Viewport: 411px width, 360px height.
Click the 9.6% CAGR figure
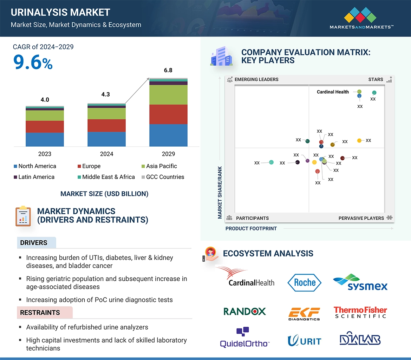click(33, 62)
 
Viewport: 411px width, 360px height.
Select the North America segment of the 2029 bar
click(168, 135)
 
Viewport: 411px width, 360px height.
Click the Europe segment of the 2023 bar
click(45, 127)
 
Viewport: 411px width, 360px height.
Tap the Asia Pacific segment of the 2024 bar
click(106, 113)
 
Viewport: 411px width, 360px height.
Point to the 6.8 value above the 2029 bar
click(168, 70)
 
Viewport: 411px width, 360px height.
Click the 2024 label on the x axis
click(106, 154)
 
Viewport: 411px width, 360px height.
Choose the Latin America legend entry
click(34, 177)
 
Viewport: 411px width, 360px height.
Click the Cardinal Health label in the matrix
click(333, 92)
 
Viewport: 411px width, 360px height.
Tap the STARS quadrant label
click(376, 79)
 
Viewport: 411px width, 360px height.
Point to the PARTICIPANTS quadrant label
click(252, 218)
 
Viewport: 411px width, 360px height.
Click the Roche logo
click(304, 282)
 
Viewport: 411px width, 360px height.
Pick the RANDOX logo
click(244, 311)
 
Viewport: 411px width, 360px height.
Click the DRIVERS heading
click(34, 243)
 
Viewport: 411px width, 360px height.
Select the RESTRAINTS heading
click(40, 312)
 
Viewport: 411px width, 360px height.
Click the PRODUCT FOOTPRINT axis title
click(251, 228)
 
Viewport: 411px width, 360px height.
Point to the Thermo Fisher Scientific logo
click(360, 312)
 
